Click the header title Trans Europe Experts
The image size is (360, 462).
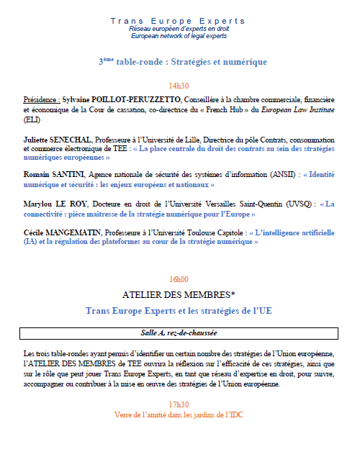pos(178,21)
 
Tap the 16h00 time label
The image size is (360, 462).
pos(178,278)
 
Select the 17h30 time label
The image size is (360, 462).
pos(178,404)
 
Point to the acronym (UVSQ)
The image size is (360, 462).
pos(296,204)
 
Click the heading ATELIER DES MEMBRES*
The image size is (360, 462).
pos(178,294)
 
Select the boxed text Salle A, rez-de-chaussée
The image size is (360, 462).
pos(178,333)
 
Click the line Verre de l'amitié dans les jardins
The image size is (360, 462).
pos(178,415)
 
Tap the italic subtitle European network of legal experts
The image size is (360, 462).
pos(178,36)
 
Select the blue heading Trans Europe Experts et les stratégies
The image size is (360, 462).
pos(178,310)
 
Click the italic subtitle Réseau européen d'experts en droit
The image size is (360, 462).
pos(178,29)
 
